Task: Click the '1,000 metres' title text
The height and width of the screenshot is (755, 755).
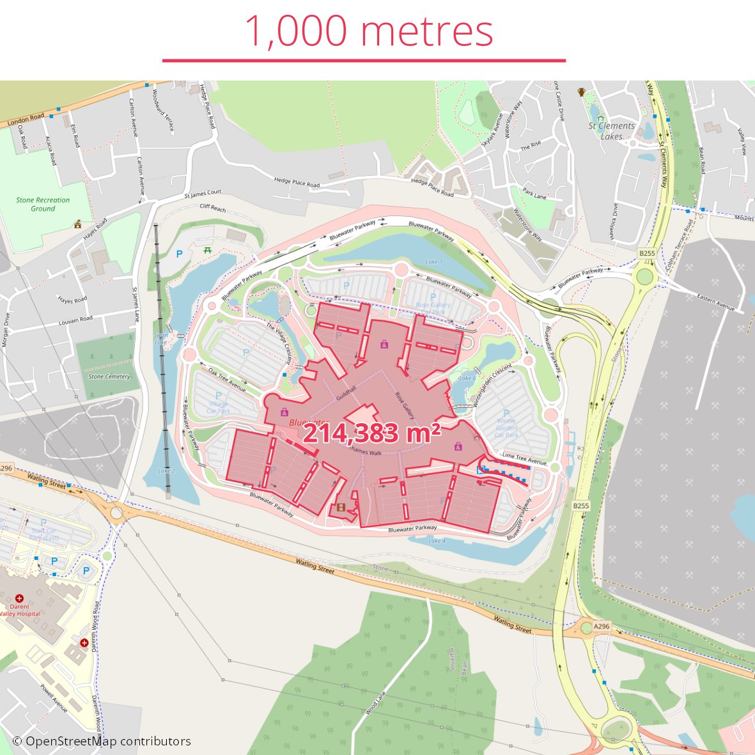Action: point(369,31)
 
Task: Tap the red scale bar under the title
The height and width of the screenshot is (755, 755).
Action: point(364,61)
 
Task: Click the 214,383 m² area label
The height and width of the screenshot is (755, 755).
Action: point(371,433)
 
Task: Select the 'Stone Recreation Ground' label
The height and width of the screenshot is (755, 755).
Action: point(43,204)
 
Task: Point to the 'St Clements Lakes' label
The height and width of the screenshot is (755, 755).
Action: point(612,131)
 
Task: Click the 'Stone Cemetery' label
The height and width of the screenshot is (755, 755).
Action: point(109,377)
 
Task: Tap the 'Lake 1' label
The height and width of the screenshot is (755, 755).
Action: point(433,262)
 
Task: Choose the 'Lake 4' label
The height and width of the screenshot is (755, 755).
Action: point(437,541)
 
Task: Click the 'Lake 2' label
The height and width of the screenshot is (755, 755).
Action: point(166,471)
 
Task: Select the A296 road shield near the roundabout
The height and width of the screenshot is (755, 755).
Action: point(602,627)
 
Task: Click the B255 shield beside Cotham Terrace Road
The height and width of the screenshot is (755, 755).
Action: point(647,253)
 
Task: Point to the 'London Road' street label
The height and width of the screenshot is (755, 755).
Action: point(26,120)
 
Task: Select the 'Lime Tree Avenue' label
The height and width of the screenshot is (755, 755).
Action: point(524,458)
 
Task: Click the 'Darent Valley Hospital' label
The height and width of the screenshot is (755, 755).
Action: point(20,610)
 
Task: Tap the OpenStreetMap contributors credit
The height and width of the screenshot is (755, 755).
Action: point(102,742)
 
